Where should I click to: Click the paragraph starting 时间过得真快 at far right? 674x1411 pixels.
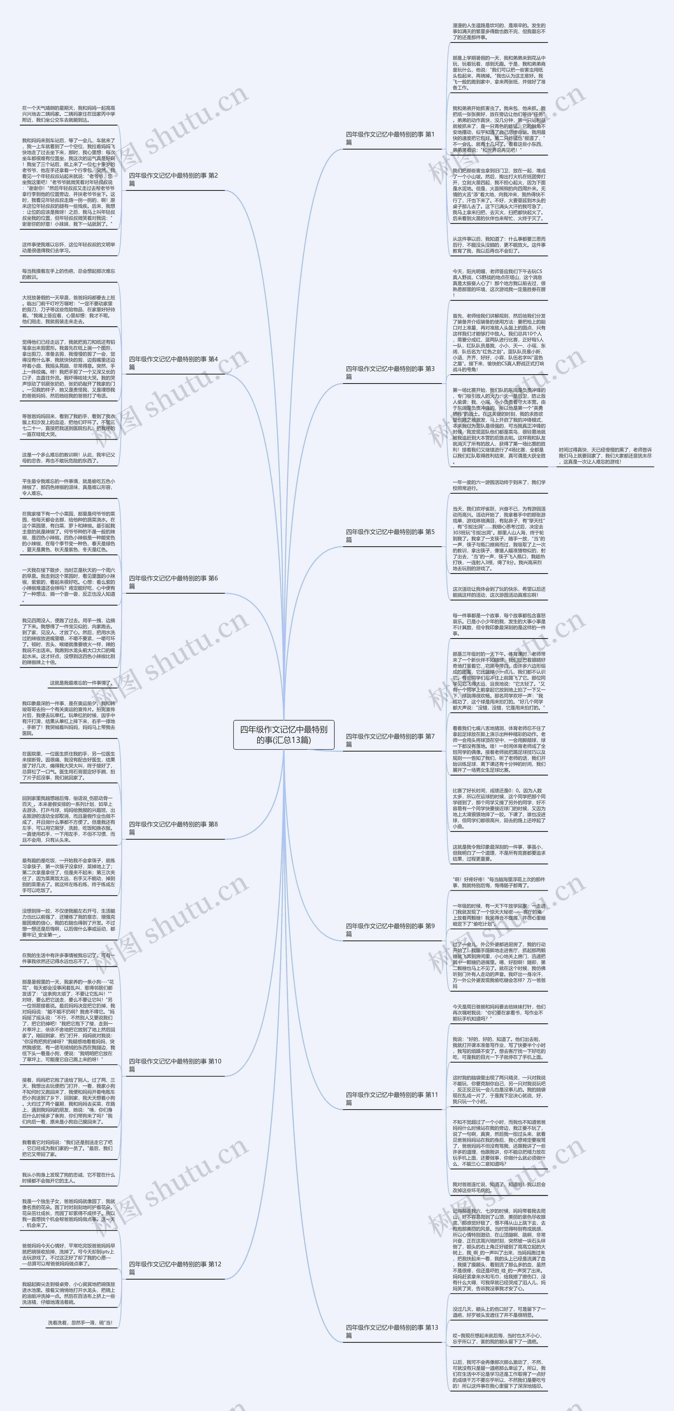(605, 456)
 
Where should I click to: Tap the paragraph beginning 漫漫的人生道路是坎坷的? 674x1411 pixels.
(499, 31)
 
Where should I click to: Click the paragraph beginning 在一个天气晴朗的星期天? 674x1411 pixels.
(68, 114)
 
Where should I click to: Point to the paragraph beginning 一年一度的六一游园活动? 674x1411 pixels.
(499, 485)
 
